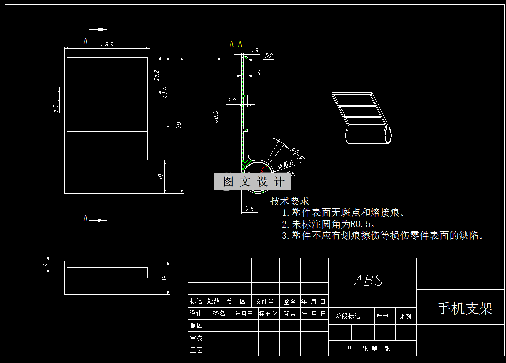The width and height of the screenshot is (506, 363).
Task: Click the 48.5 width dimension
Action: (x=107, y=45)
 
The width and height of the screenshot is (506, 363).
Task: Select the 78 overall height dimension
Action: (x=178, y=125)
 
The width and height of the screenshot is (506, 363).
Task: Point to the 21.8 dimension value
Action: (x=157, y=75)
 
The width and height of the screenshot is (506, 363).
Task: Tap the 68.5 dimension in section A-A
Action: (x=215, y=116)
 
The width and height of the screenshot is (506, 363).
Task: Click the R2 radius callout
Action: (x=269, y=55)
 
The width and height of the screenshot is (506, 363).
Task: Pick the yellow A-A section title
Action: (x=236, y=44)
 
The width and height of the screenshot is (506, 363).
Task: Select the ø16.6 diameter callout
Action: (x=285, y=164)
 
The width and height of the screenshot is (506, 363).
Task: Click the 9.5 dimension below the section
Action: (x=249, y=208)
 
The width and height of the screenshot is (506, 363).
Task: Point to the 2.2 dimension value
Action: (x=231, y=101)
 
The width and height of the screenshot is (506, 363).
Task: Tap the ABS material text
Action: (x=369, y=281)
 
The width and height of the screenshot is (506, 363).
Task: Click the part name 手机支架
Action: (x=465, y=308)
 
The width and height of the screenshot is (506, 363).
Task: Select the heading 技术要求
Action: (x=290, y=201)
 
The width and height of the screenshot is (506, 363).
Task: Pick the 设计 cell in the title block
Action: (x=196, y=314)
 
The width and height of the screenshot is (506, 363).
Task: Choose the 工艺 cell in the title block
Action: (x=196, y=350)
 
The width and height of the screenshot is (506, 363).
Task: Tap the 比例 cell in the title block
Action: (x=405, y=316)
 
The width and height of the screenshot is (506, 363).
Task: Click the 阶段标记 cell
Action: (x=348, y=316)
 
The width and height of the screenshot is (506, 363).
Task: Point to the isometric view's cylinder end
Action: (x=387, y=135)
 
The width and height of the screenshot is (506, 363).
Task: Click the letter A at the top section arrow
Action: (x=86, y=41)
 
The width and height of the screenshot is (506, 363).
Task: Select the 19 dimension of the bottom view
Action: (x=165, y=278)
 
